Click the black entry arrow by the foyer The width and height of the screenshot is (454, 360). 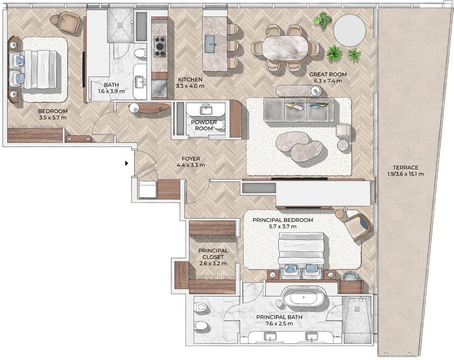(x=126, y=163)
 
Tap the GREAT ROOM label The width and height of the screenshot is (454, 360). (x=328, y=74)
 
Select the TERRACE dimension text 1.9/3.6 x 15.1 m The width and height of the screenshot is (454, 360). (x=405, y=174)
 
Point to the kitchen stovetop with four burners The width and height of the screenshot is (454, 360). (x=160, y=46)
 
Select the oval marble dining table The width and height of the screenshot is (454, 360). (x=285, y=48)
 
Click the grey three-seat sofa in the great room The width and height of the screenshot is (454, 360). (x=299, y=110)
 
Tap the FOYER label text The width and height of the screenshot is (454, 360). (x=191, y=159)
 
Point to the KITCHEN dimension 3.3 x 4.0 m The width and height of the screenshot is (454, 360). (x=190, y=86)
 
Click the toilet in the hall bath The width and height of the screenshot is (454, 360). (x=140, y=53)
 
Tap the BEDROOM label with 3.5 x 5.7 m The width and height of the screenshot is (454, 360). (x=53, y=114)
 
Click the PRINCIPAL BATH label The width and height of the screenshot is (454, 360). (x=279, y=317)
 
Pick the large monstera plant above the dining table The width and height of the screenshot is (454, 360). (x=321, y=21)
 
